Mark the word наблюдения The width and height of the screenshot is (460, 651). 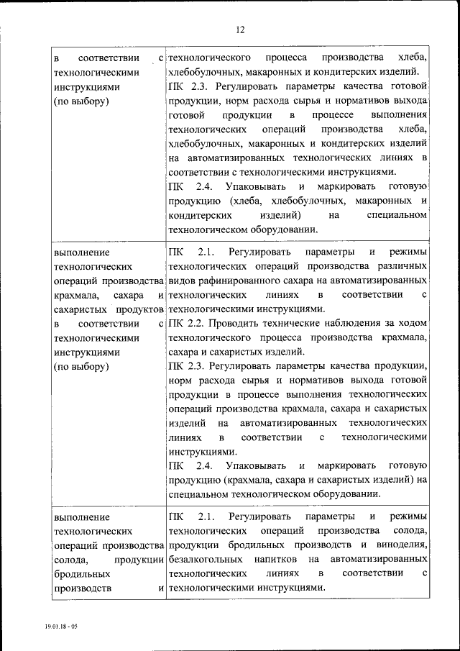[341, 324]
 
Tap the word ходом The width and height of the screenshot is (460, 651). [413, 324]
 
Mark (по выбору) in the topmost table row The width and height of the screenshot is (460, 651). [81, 101]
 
